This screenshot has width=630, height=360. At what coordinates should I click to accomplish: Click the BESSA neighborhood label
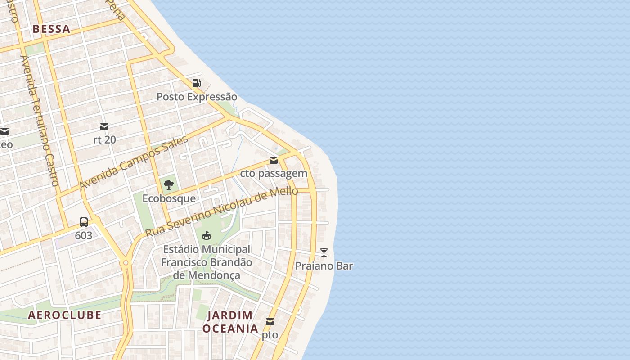51,29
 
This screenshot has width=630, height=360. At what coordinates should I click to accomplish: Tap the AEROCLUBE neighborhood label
65,315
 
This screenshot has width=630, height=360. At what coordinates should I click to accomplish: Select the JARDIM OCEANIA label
230,322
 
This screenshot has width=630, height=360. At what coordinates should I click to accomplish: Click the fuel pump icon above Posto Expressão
197,83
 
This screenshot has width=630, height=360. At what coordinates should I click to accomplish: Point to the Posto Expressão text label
197,97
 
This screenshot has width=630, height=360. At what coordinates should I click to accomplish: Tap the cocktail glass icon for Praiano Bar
324,252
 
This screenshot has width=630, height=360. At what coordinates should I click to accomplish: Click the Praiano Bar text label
324,266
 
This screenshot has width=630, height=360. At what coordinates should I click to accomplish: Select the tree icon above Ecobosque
169,184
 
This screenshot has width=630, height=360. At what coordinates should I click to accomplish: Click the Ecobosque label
169,198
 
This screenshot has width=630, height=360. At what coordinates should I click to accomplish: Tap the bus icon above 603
84,222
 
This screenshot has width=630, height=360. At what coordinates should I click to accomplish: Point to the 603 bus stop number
84,235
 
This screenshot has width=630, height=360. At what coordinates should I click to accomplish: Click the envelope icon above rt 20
104,126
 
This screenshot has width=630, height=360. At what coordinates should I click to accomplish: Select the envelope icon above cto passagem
274,160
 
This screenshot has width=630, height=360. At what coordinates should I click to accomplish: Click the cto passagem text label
274,173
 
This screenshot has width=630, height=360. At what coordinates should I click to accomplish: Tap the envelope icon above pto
270,322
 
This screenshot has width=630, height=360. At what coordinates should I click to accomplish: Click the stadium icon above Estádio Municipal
207,235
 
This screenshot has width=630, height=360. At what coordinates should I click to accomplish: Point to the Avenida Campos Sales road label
133,163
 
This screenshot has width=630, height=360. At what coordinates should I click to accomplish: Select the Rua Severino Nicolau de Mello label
221,212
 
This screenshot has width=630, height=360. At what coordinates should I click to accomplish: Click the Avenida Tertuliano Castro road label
40,121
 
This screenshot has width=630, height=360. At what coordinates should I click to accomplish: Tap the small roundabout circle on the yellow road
126,263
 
